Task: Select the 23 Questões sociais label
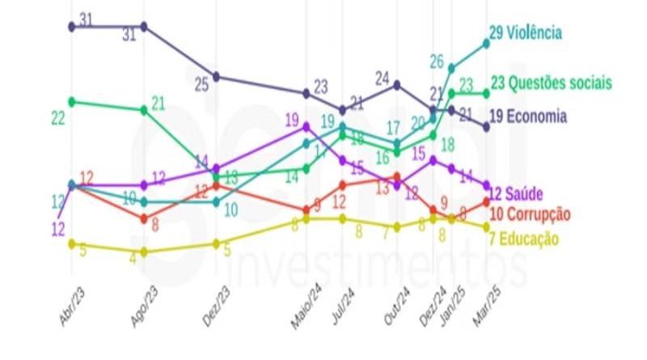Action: pos(550,83)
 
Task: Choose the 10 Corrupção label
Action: pos(531,214)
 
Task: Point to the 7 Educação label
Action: pos(525,239)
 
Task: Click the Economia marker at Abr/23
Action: pos(72,27)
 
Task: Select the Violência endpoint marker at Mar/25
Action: pos(487,43)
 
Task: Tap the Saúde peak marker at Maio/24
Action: pos(306,126)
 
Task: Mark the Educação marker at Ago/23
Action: pos(144,252)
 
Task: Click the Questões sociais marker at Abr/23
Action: pos(72,102)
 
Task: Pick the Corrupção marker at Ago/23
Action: pos(144,218)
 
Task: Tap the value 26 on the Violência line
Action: pos(437,61)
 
